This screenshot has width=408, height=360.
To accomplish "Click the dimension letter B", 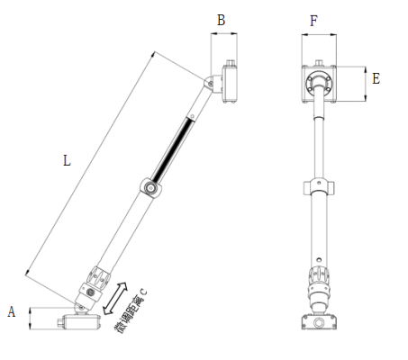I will (222, 20).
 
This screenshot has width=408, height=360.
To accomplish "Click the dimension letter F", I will (313, 20).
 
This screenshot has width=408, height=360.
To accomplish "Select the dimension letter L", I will (66, 161).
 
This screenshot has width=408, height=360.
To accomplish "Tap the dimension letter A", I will (12, 312).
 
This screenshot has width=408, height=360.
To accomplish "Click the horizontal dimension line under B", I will (224, 34).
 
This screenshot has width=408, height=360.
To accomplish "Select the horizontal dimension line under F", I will (319, 34).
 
